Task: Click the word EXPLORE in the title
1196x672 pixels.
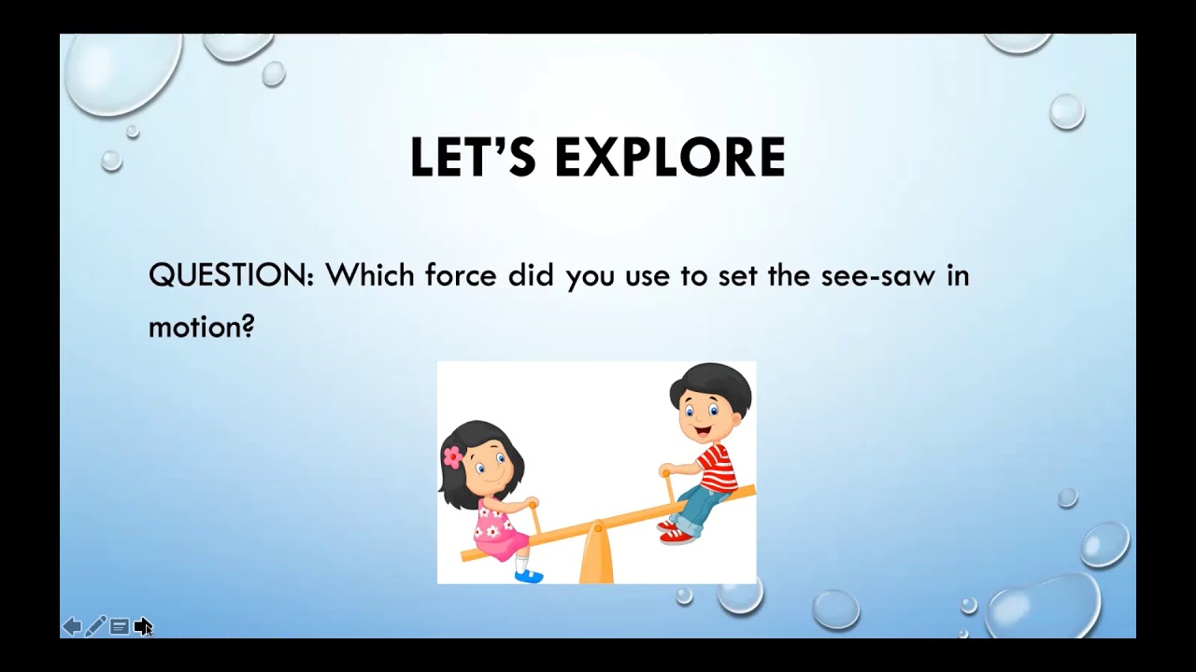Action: click(670, 158)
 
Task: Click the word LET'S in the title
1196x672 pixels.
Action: click(473, 158)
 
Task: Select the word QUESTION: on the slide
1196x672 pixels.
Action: click(231, 276)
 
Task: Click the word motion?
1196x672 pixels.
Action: click(202, 327)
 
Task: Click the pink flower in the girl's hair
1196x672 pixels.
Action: click(453, 456)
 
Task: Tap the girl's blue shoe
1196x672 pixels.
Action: click(529, 576)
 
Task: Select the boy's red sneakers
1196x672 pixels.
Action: click(676, 532)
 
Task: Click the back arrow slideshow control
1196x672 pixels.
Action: click(72, 626)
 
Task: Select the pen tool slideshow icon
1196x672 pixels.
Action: click(95, 626)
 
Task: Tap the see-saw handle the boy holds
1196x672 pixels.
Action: click(669, 484)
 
